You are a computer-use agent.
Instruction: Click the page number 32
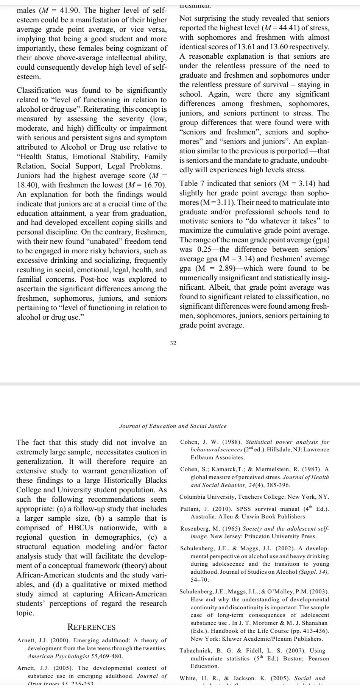173,343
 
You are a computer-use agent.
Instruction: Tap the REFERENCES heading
91,627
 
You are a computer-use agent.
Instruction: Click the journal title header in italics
173,426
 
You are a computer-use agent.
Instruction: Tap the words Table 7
192,184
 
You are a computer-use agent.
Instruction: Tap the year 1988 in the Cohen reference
231,442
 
